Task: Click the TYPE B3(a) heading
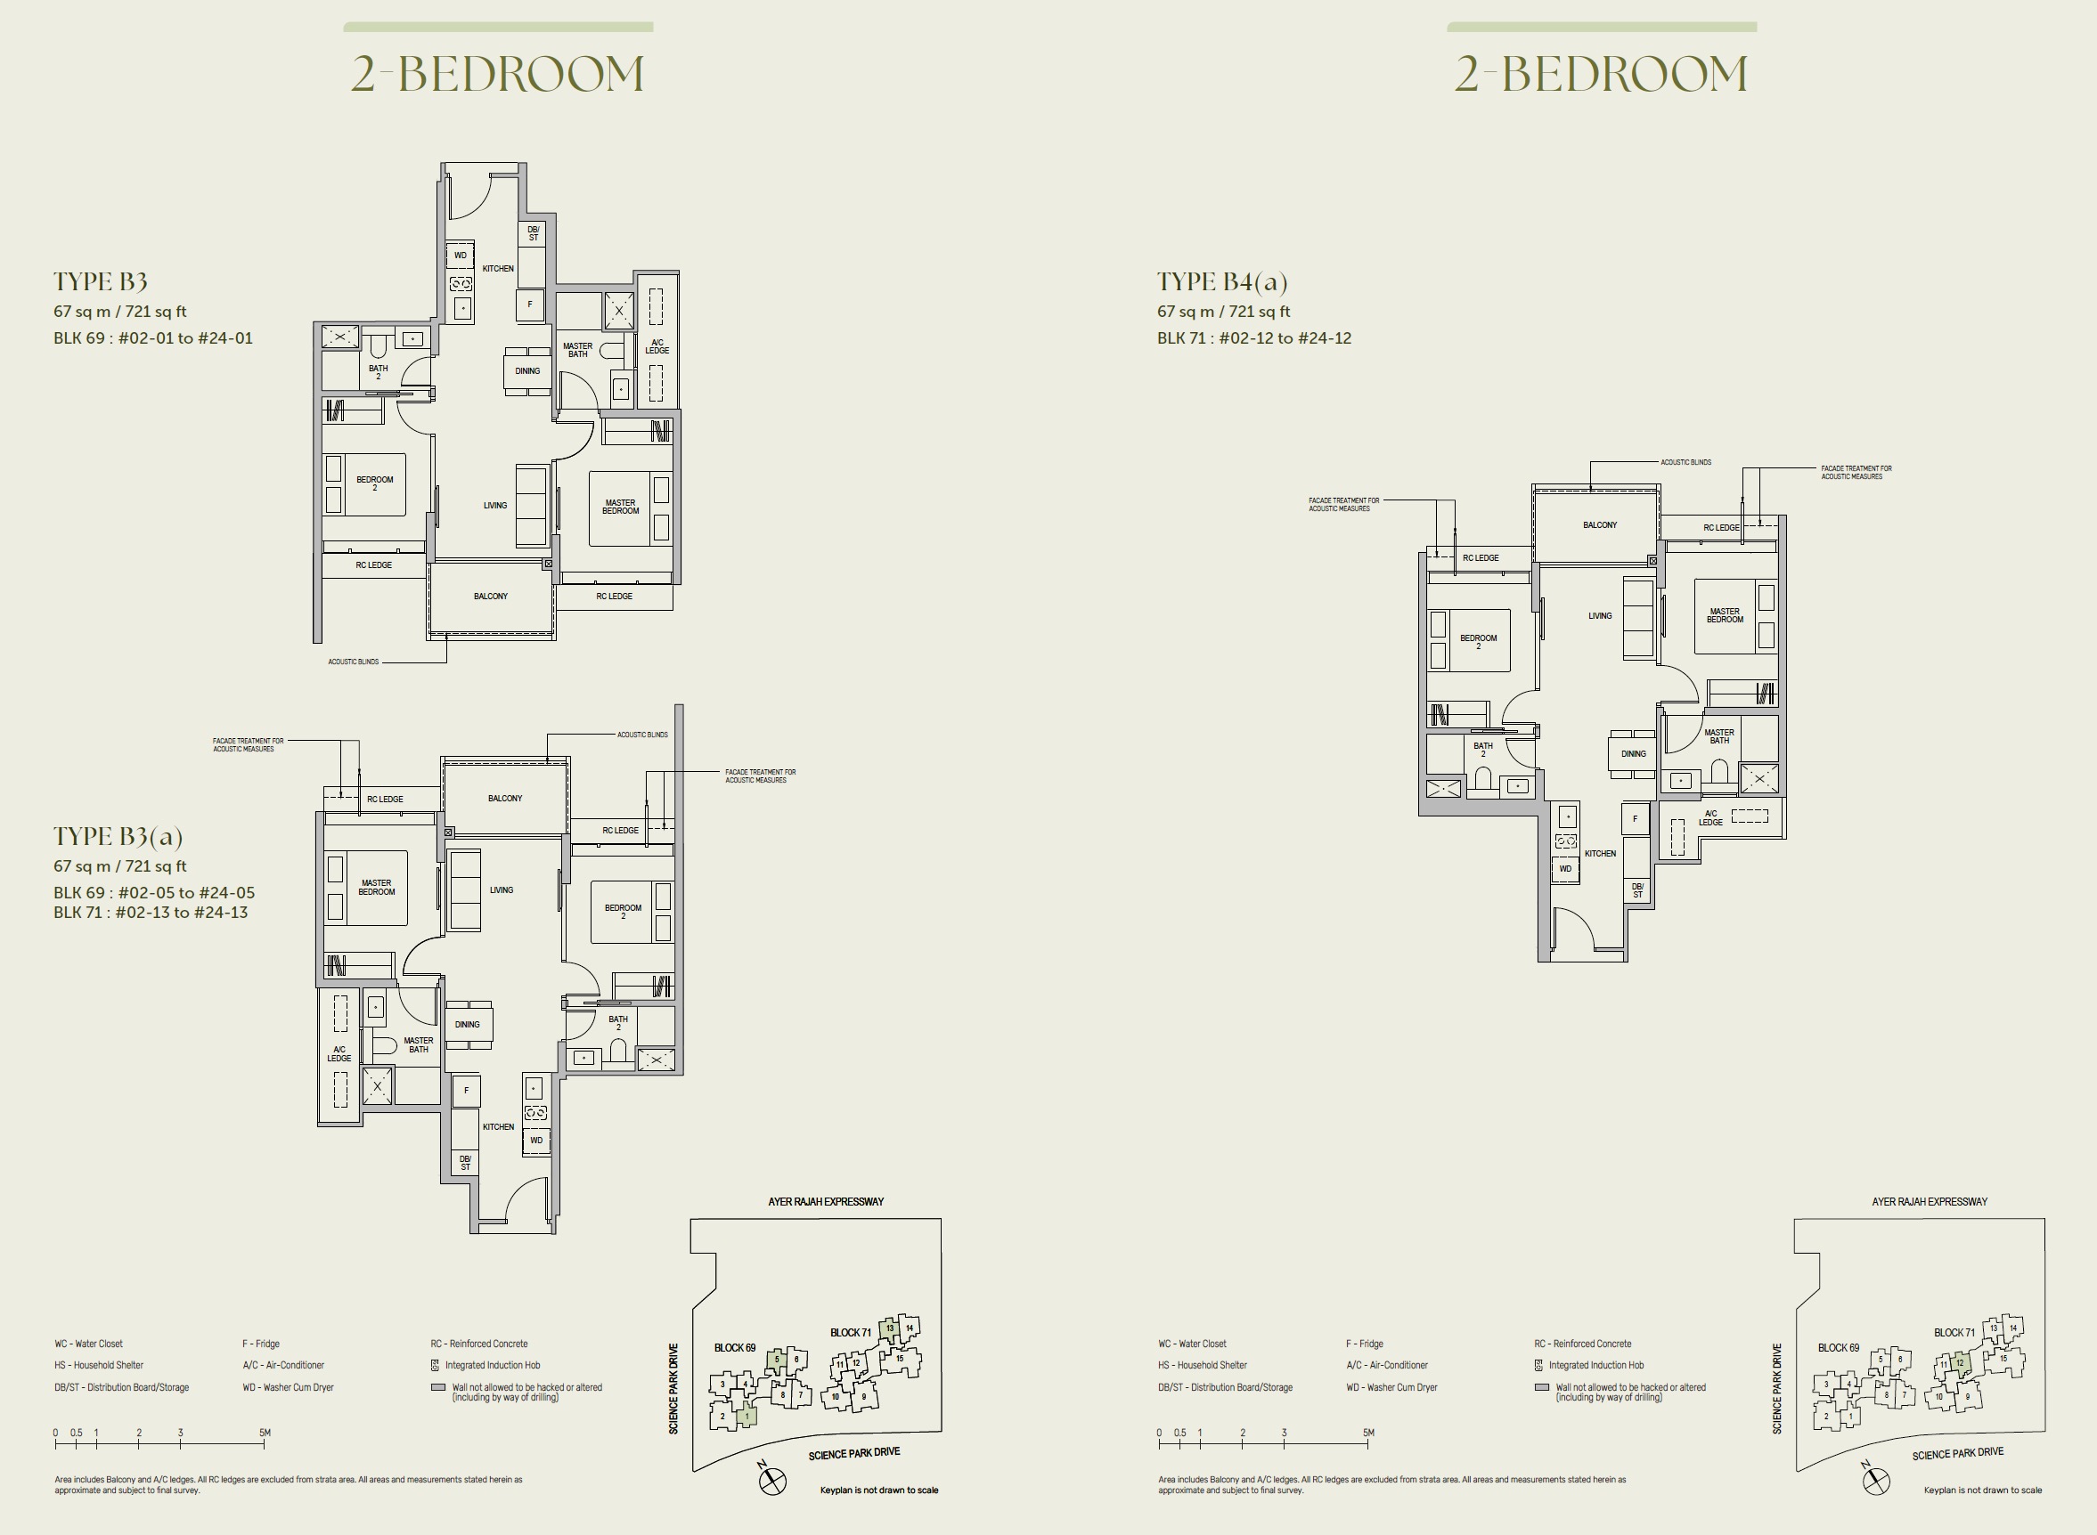coord(118,836)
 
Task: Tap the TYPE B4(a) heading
coord(1222,281)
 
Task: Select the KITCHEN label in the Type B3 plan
coord(498,269)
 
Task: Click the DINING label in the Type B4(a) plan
coord(1633,753)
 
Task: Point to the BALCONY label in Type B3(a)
coord(505,798)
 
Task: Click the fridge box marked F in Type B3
coord(530,304)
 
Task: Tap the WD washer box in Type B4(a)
coord(1565,870)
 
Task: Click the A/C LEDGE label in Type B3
coord(657,346)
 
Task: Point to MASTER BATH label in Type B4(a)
coord(1718,736)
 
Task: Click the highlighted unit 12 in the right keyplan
coord(1961,1364)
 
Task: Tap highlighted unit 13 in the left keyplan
coord(890,1328)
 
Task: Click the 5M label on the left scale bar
coord(265,1433)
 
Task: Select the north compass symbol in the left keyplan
coord(772,1481)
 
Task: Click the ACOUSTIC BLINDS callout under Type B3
coord(354,662)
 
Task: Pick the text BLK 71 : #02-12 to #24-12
coord(1254,338)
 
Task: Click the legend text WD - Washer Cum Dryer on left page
coord(288,1387)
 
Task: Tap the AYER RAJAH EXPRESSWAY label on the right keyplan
coord(1929,1201)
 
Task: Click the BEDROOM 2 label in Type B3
coord(375,483)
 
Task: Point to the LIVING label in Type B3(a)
coord(501,890)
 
